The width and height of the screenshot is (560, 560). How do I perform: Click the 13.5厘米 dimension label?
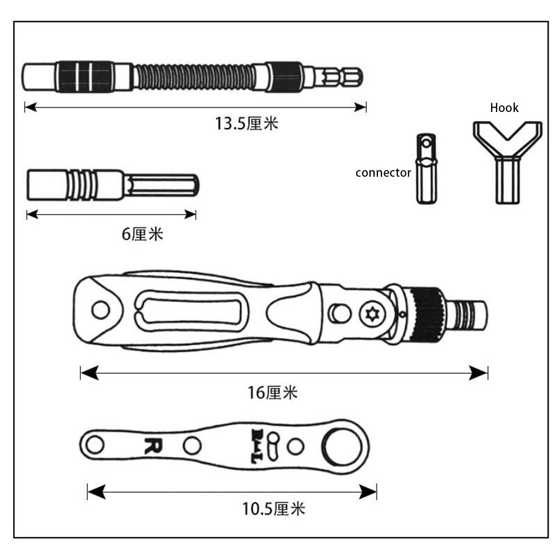[x=246, y=124]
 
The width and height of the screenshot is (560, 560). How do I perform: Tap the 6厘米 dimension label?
[x=142, y=234]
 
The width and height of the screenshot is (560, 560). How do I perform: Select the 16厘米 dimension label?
[x=273, y=393]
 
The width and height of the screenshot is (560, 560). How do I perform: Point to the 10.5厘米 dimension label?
[x=274, y=509]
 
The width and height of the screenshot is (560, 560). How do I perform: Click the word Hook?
[x=504, y=108]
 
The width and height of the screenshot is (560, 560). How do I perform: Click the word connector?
[x=383, y=173]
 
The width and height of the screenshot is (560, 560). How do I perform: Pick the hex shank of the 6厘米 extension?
[x=163, y=185]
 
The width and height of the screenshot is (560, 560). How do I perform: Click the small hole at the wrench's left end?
[x=94, y=445]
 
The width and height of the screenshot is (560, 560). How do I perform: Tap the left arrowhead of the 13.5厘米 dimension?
[x=31, y=107]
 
